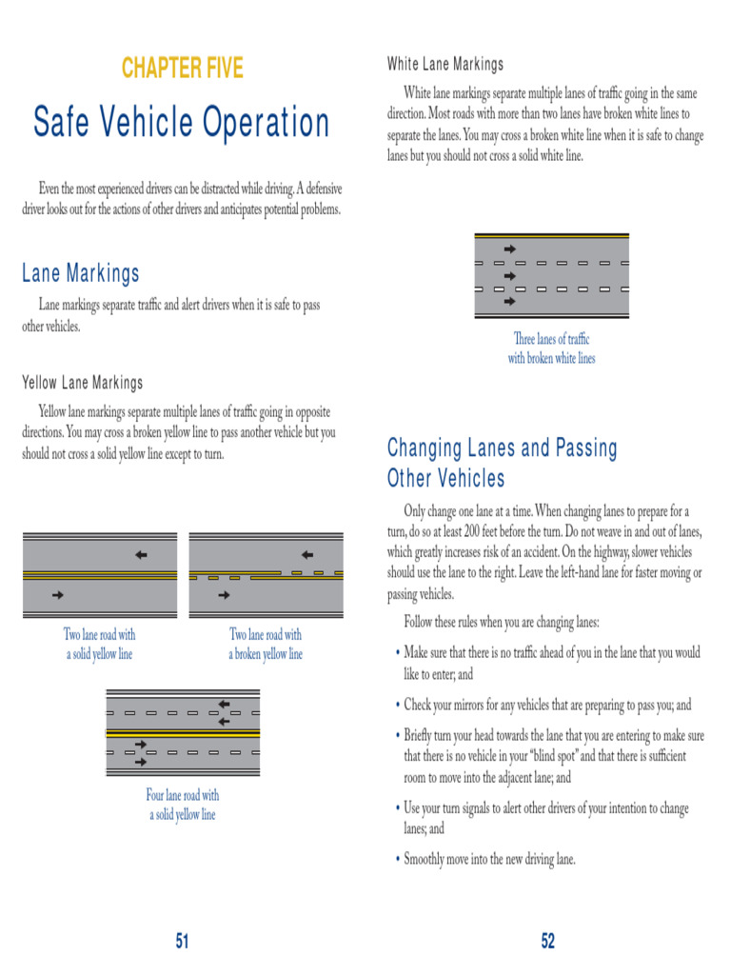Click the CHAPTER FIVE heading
tap(182, 69)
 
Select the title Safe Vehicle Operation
tap(182, 123)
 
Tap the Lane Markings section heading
tap(81, 274)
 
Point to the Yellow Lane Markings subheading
tap(83, 383)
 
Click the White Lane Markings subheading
tap(445, 65)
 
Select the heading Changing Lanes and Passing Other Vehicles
tap(502, 463)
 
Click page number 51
tap(182, 942)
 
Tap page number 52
tap(547, 942)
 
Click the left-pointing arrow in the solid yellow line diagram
tap(141, 554)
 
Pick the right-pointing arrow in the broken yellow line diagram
tap(224, 595)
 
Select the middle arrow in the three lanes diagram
tap(509, 275)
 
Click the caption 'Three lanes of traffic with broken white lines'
tap(551, 348)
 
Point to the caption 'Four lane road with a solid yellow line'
tap(182, 805)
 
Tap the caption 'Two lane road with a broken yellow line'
tap(266, 645)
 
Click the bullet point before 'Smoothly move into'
tap(396, 860)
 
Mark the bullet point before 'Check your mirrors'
tap(396, 706)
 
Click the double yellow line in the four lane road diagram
tap(182, 734)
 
